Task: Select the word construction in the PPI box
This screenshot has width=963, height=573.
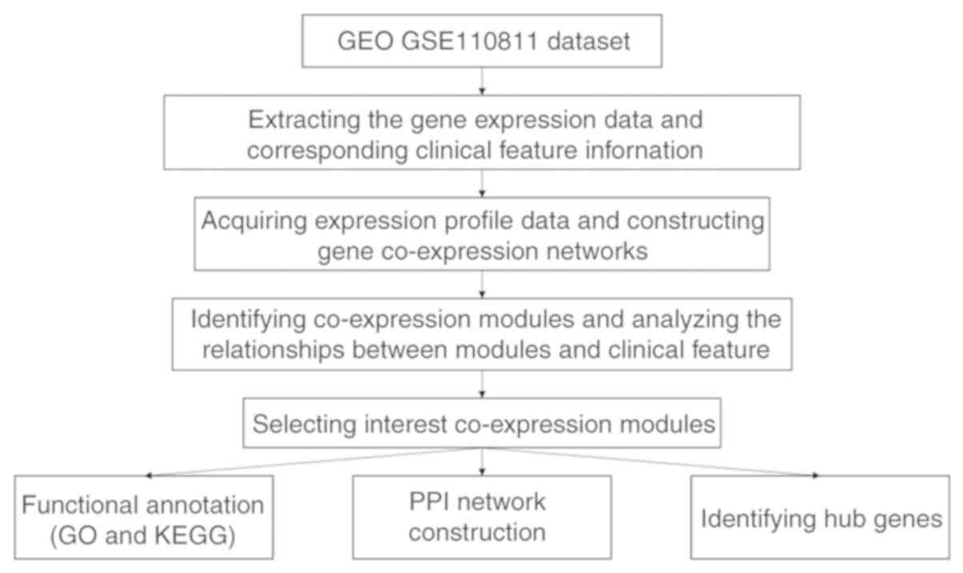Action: pyautogui.click(x=482, y=531)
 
